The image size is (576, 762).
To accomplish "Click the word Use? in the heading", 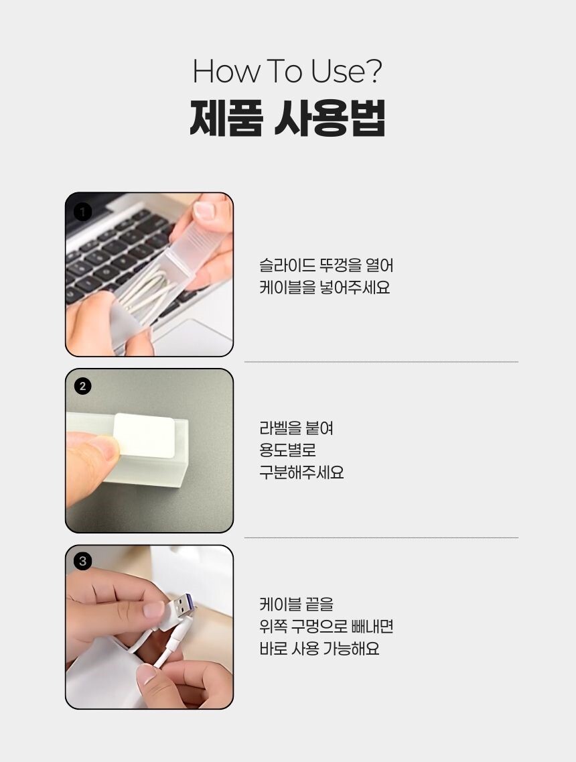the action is click(x=346, y=71).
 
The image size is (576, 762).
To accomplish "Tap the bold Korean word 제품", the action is click(x=226, y=118).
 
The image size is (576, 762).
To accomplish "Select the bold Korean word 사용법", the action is click(x=330, y=118).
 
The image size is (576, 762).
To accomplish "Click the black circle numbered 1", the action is click(x=82, y=211).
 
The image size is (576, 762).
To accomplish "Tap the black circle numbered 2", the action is click(x=82, y=386).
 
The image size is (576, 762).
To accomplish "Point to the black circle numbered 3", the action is click(x=82, y=562).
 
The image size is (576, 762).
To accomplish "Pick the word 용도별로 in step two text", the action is click(x=287, y=450).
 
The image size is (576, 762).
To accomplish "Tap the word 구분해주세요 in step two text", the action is click(x=301, y=472).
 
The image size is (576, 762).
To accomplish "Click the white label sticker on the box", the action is click(x=144, y=436).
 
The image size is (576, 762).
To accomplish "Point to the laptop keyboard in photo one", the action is click(x=121, y=253).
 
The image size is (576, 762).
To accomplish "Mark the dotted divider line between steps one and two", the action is click(x=381, y=362).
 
